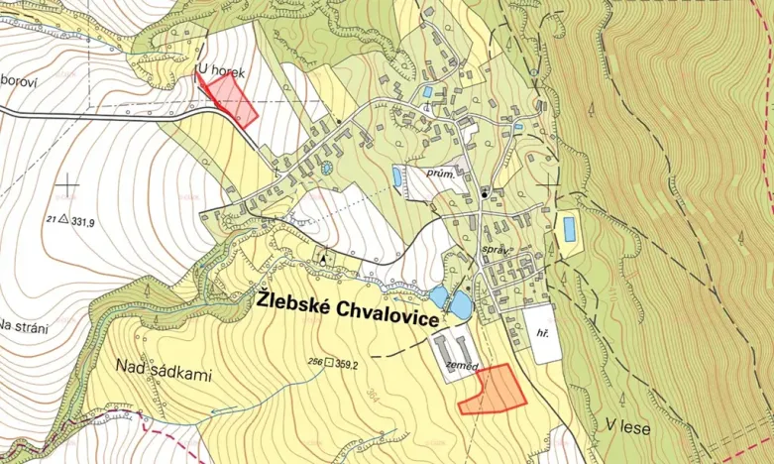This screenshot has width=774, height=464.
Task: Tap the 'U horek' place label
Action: (219, 70)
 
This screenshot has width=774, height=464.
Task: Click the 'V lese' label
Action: (624, 423)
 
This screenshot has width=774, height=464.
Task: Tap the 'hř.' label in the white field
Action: (541, 336)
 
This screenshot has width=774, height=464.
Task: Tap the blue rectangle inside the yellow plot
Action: (570, 229)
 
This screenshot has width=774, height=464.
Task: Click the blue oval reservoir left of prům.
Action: (397, 177)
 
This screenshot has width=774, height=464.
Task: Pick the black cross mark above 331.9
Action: (67, 183)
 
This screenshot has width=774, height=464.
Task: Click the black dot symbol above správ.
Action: (484, 194)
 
